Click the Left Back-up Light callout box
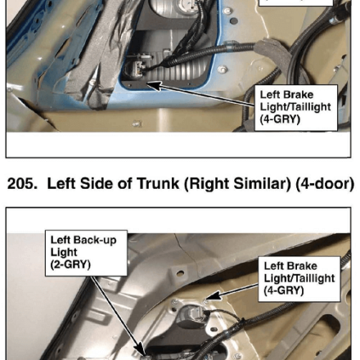pyautogui.click(x=86, y=253)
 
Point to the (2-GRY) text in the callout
pyautogui.click(x=70, y=264)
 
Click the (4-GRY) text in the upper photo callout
pyautogui.click(x=280, y=119)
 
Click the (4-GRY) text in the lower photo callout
pyautogui.click(x=284, y=290)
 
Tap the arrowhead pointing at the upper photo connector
pyautogui.click(x=154, y=85)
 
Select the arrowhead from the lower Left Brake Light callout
pyautogui.click(x=214, y=296)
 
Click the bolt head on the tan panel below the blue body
pyautogui.click(x=137, y=124)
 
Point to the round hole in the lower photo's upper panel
pyautogui.click(x=180, y=272)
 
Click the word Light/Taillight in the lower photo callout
pyautogui.click(x=299, y=278)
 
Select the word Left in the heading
pyautogui.click(x=61, y=183)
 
